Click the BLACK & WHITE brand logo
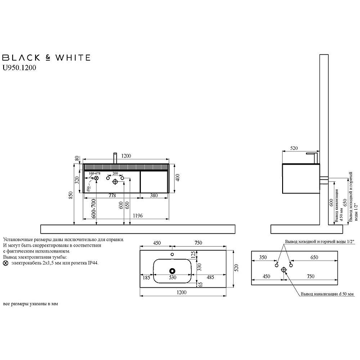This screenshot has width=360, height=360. (x=47, y=58)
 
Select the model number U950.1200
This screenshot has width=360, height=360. (x=19, y=68)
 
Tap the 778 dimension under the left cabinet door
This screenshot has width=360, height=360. (x=112, y=196)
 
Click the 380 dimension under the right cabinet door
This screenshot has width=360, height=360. (x=153, y=196)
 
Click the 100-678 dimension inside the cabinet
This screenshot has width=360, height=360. (x=94, y=173)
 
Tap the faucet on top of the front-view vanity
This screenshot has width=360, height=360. (x=116, y=158)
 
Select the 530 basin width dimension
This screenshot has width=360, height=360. (x=172, y=278)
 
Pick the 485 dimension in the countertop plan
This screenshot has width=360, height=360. (x=210, y=278)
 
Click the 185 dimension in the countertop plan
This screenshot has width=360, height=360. (x=147, y=278)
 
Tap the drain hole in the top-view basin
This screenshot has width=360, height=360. (x=172, y=271)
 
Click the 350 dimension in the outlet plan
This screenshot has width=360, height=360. (x=263, y=257)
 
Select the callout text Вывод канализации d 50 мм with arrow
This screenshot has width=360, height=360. (x=327, y=294)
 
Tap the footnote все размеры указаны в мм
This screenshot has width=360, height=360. (x=31, y=304)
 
